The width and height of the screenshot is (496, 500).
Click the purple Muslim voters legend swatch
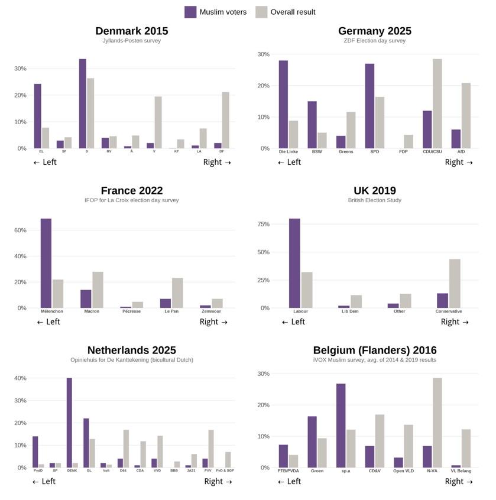[x=190, y=12]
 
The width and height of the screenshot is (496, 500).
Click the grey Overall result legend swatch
[x=261, y=12]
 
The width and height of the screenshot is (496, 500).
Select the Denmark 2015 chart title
[x=131, y=31]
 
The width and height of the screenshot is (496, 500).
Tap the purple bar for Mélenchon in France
[x=46, y=263]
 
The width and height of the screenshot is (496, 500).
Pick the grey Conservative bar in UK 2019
[x=455, y=284]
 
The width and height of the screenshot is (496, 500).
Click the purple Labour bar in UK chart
[x=294, y=263]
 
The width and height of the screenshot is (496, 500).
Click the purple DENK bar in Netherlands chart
[x=69, y=423]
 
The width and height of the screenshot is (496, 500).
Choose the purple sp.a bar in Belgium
[x=341, y=426]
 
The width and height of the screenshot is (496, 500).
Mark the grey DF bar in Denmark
[x=225, y=120]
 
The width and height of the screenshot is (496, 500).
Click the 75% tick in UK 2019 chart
[x=263, y=225]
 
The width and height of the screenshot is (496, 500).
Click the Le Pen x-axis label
[x=171, y=311]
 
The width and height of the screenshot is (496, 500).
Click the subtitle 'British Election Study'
[x=374, y=200]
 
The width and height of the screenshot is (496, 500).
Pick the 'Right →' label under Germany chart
[x=459, y=163]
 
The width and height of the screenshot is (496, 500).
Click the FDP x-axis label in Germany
[x=403, y=152]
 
